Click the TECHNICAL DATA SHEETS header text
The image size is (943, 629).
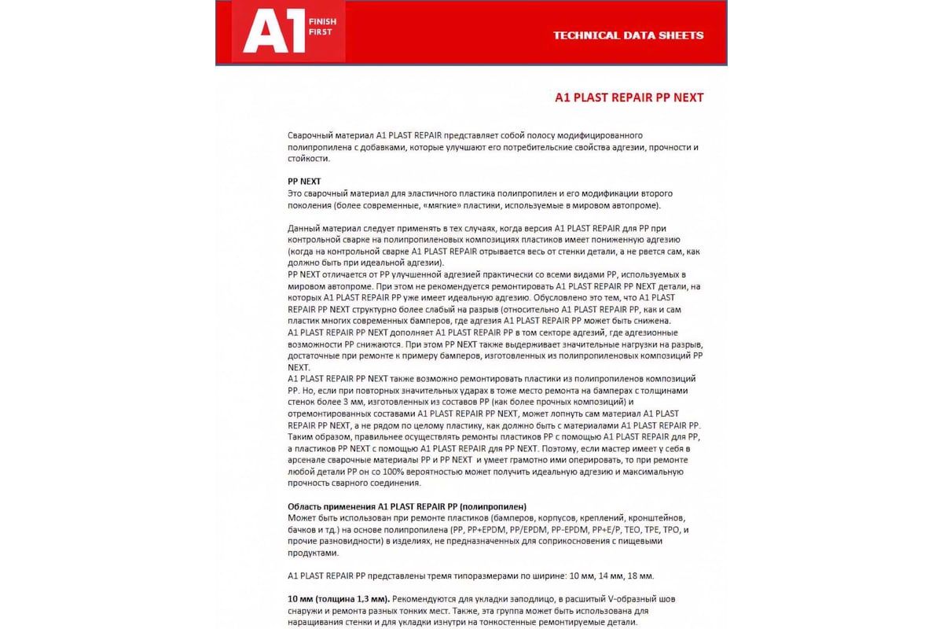point(628,35)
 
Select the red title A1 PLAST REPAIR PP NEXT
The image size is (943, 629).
point(629,97)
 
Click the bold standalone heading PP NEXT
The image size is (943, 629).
point(304,181)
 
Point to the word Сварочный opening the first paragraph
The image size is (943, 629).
point(309,135)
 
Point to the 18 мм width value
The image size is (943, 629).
point(642,576)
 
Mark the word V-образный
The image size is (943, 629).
point(618,598)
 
